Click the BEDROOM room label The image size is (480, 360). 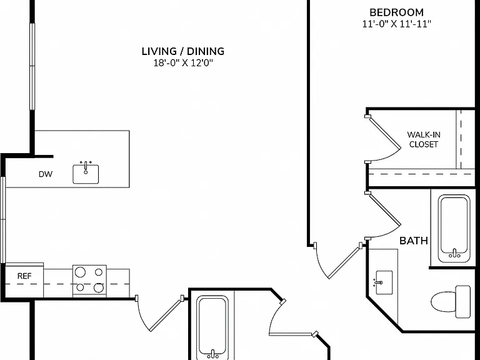tap(396, 12)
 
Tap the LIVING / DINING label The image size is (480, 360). tap(183, 51)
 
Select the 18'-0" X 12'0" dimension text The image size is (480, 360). tap(183, 63)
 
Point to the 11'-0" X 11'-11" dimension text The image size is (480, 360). tap(397, 24)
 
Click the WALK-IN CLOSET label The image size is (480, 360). tap(424, 139)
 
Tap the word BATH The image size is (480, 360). tap(414, 241)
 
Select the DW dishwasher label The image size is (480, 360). tap(46, 174)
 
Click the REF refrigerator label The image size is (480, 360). tap(24, 276)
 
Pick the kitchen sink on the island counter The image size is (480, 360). tap(86, 173)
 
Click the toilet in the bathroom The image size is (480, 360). tap(451, 302)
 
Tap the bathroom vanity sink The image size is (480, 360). tap(384, 282)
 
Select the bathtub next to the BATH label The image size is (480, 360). tap(454, 229)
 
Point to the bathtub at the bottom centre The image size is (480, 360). tap(212, 327)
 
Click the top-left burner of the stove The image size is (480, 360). tap(80, 272)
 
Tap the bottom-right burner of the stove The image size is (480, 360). tap(99, 287)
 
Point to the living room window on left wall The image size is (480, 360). tap(32, 66)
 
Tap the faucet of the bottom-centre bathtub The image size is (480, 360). tap(212, 354)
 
